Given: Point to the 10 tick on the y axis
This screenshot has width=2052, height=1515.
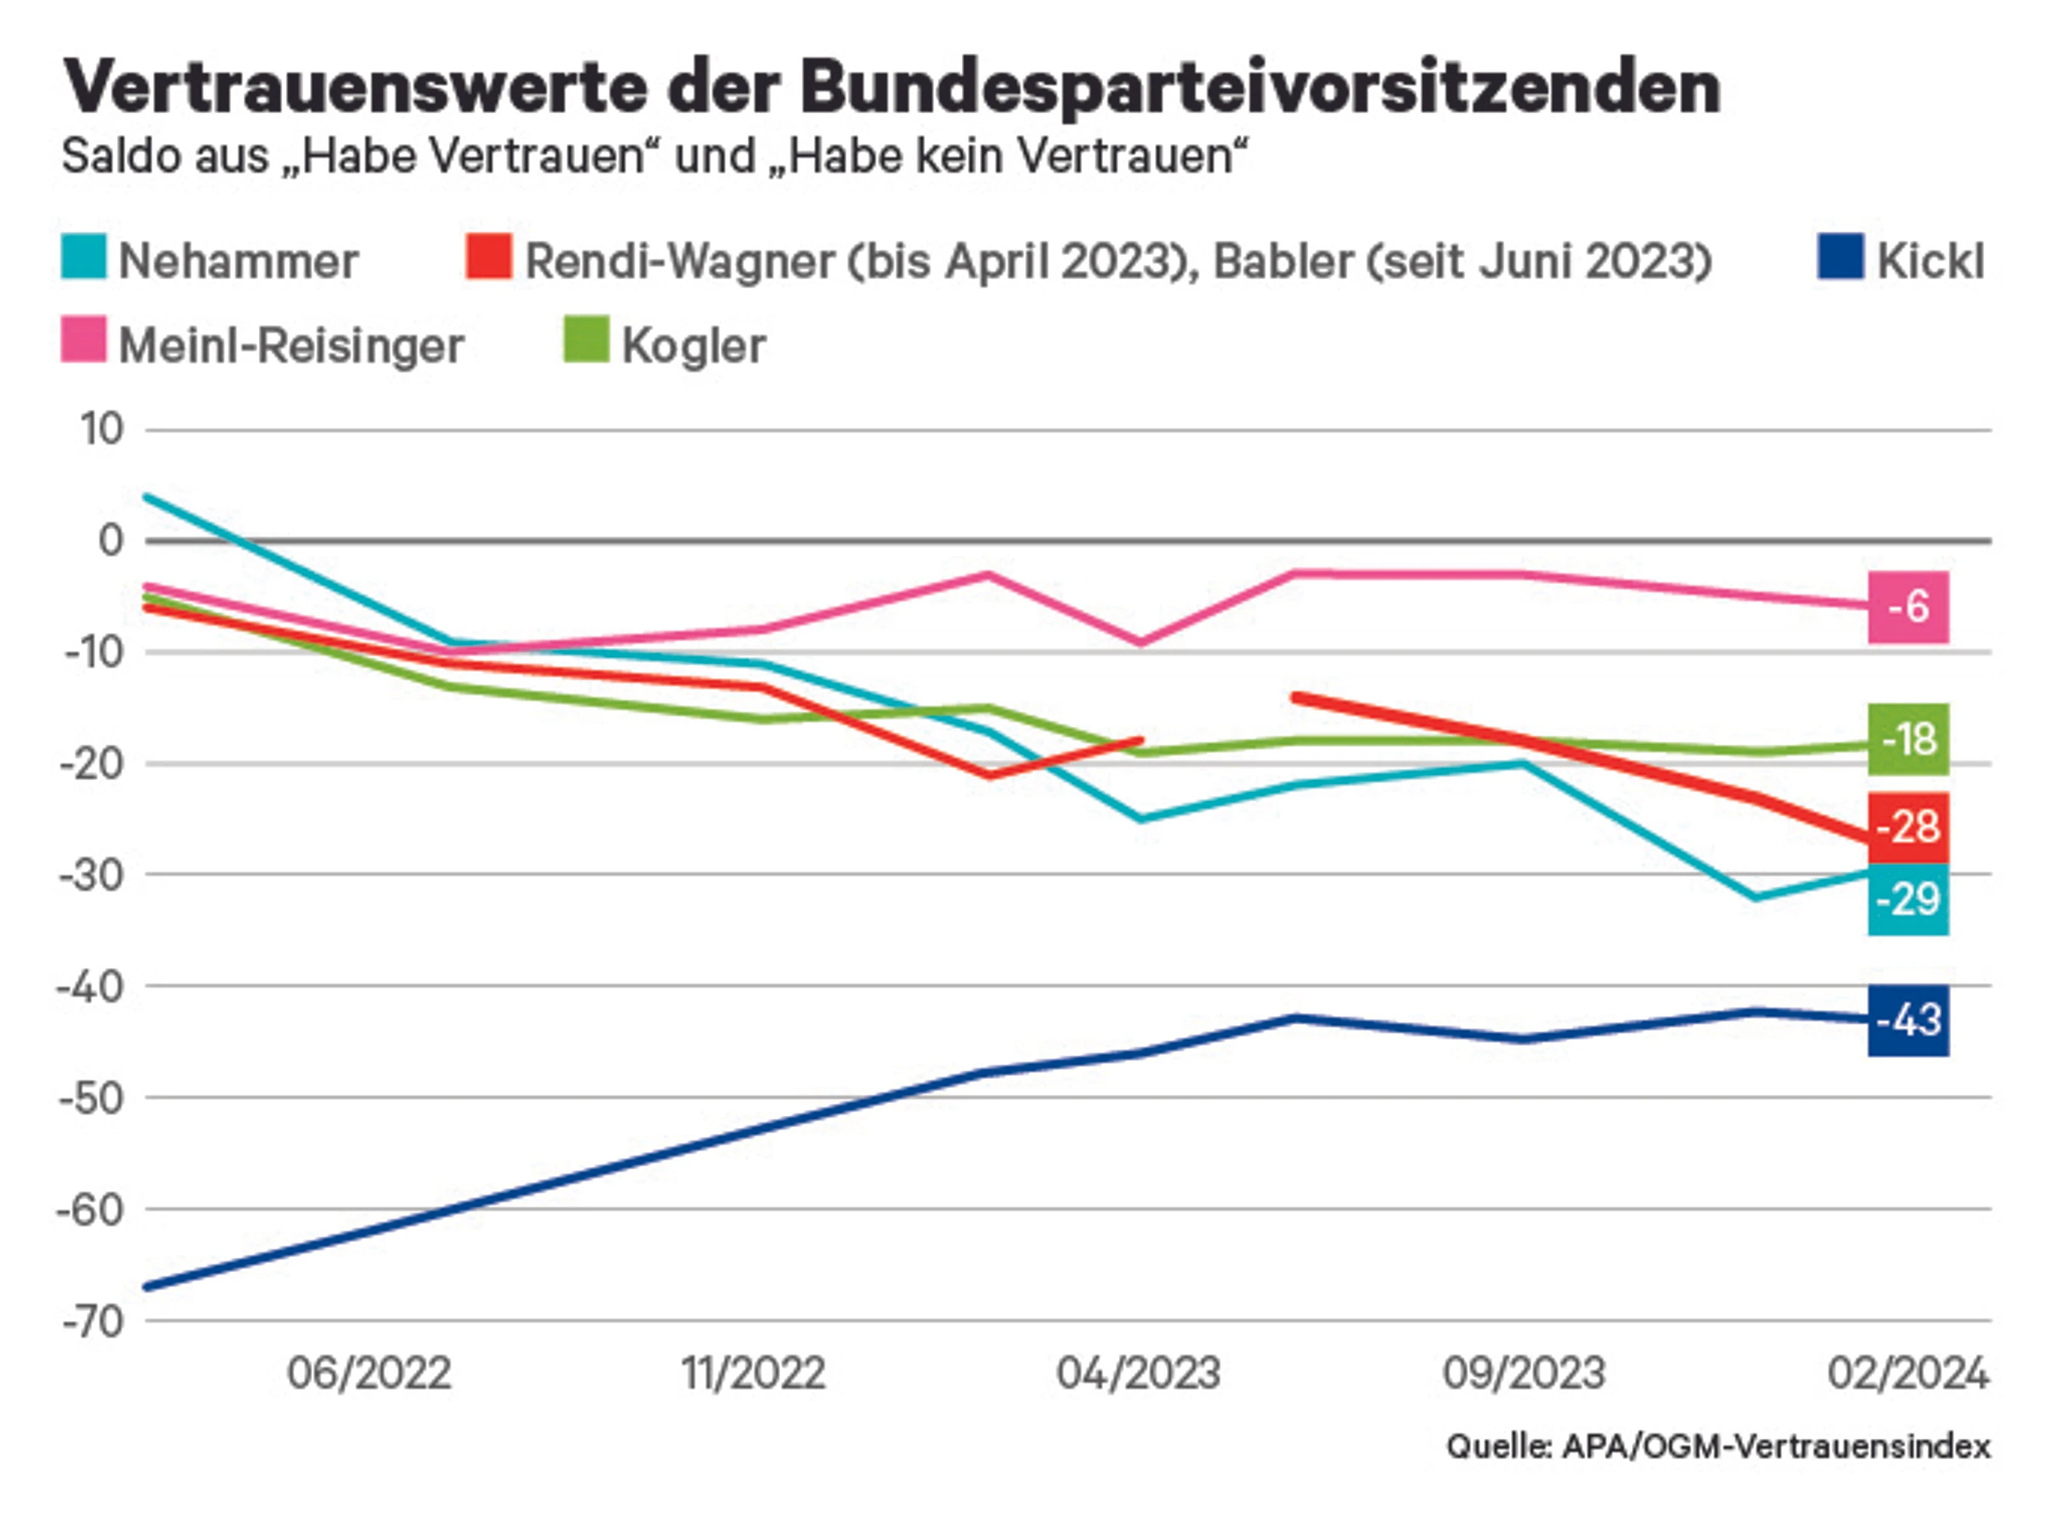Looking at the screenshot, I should click(102, 429).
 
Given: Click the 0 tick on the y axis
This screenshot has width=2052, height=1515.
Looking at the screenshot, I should click(110, 540).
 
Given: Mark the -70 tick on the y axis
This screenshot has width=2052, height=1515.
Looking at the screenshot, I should click(91, 1322).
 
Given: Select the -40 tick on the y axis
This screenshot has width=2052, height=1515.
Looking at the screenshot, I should click(91, 987).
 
